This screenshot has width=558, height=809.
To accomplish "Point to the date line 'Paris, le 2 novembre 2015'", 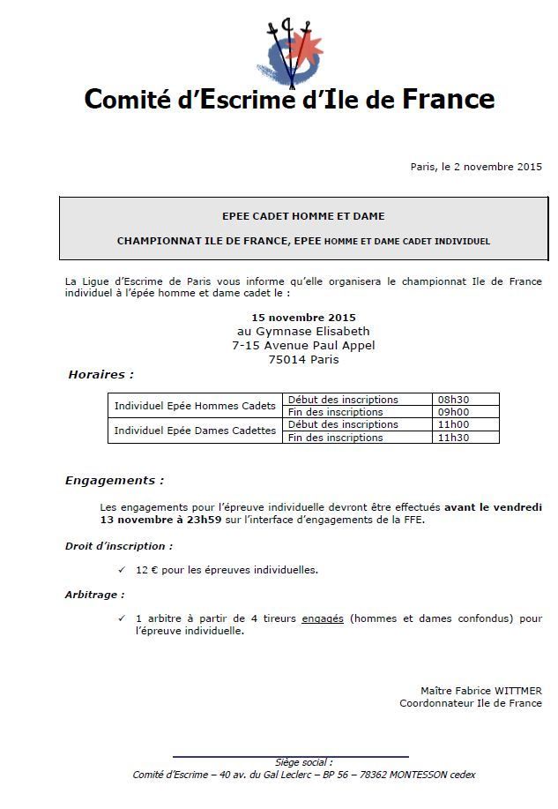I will coord(476,167).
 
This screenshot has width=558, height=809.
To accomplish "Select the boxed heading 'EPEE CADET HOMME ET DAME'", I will coord(303,216).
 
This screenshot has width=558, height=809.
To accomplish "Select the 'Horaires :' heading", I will coord(100,375).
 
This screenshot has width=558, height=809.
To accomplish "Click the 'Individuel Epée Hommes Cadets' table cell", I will coord(195,406).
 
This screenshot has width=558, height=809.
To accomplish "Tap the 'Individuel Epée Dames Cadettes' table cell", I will coord(195,431).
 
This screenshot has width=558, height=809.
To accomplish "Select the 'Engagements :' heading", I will coord(115,481).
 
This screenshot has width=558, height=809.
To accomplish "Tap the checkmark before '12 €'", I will coord(122,570).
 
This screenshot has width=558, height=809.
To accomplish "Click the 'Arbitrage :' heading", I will coord(94,595).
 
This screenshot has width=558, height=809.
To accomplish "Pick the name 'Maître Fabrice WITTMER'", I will coord(481,691).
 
